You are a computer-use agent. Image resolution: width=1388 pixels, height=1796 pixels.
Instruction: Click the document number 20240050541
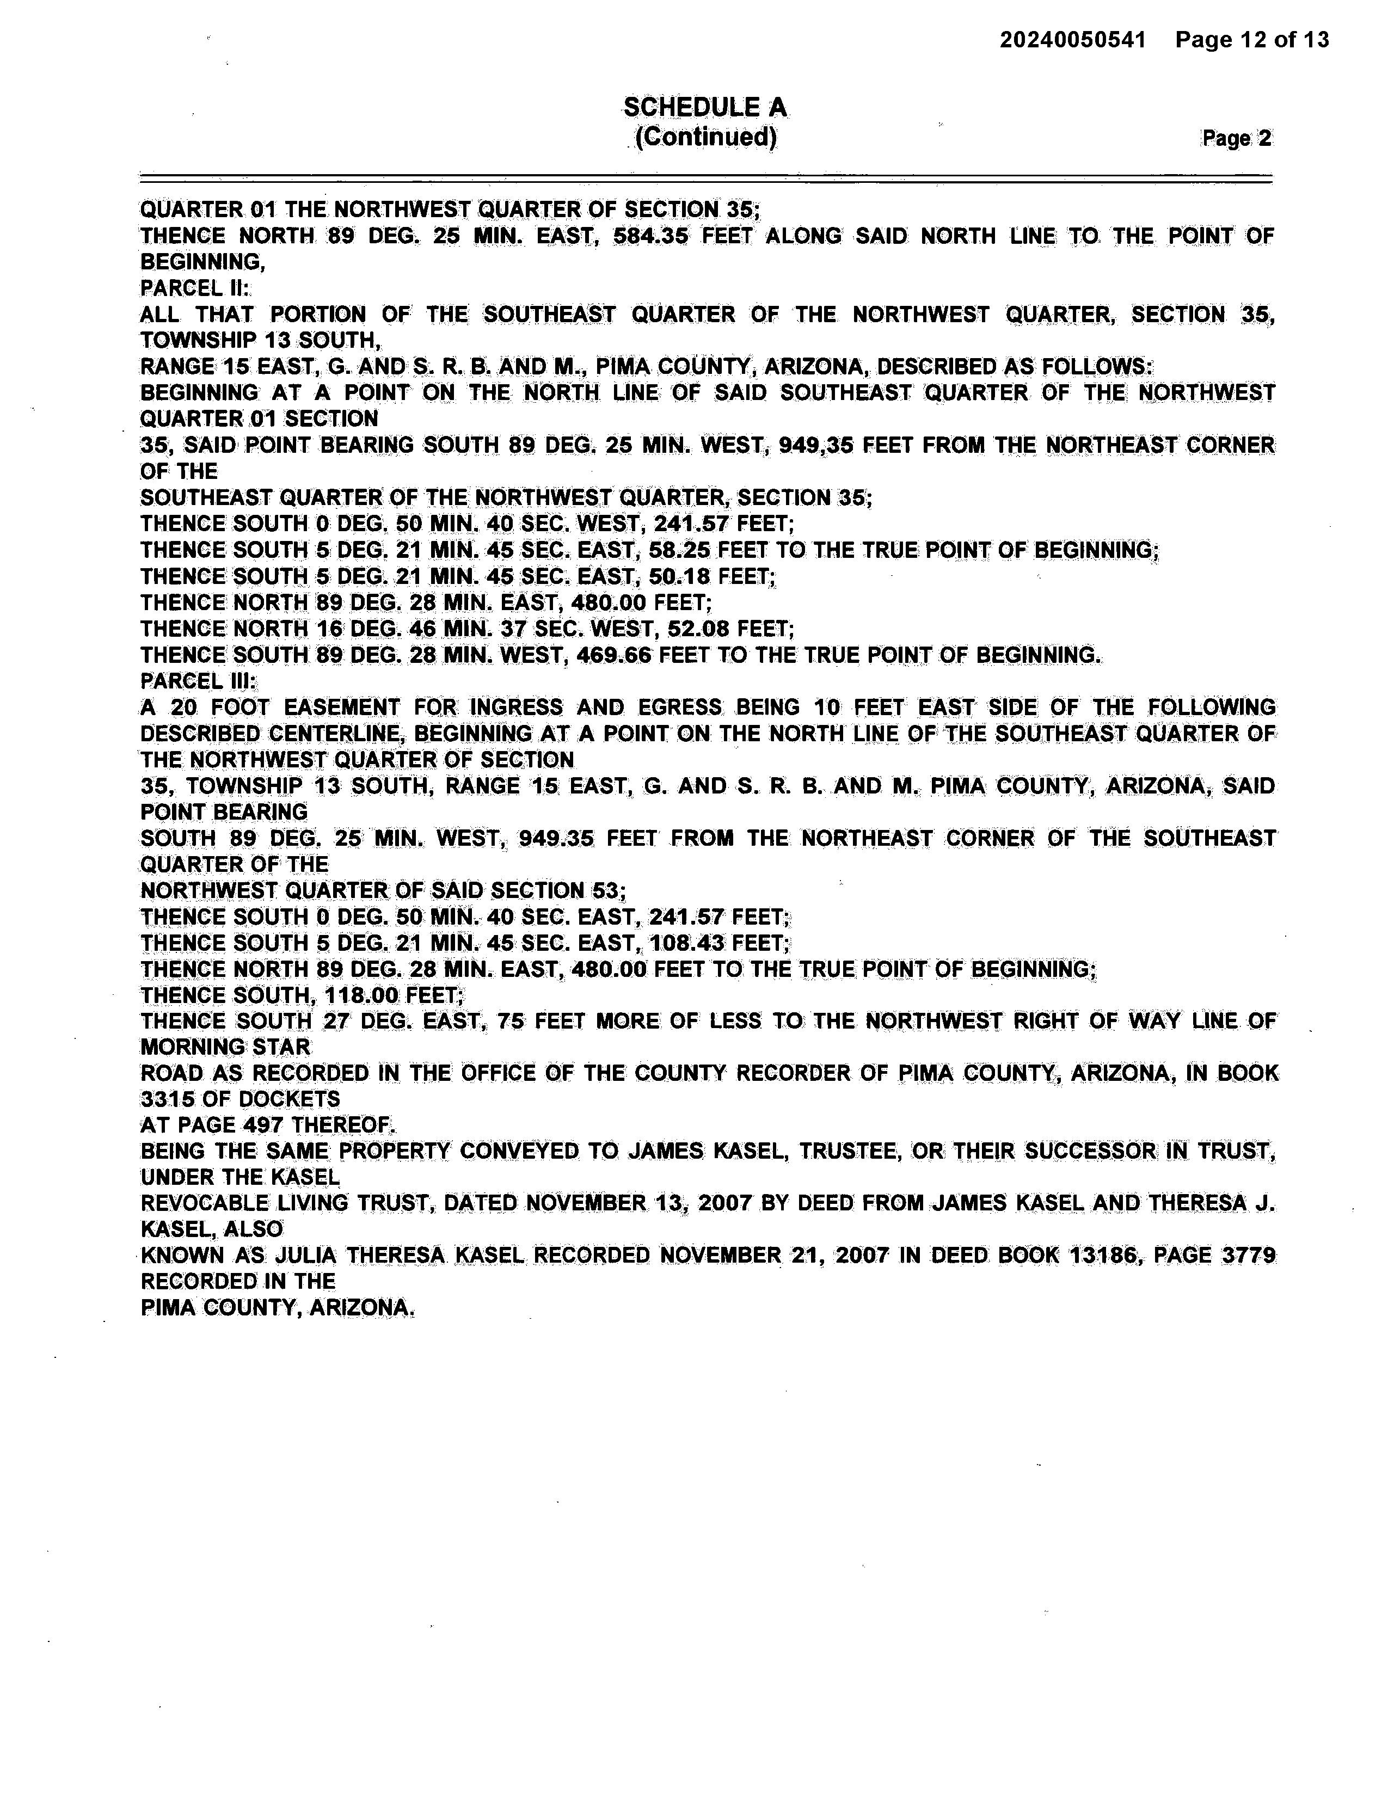[x=1072, y=40]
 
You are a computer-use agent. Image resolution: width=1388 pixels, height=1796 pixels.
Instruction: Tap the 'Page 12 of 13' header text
[x=1251, y=40]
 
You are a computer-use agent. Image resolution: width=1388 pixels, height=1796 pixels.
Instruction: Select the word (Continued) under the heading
[x=705, y=137]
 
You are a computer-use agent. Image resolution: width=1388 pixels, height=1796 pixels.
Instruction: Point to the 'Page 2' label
[x=1236, y=138]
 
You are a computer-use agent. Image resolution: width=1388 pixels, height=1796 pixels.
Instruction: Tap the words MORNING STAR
[x=225, y=1048]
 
